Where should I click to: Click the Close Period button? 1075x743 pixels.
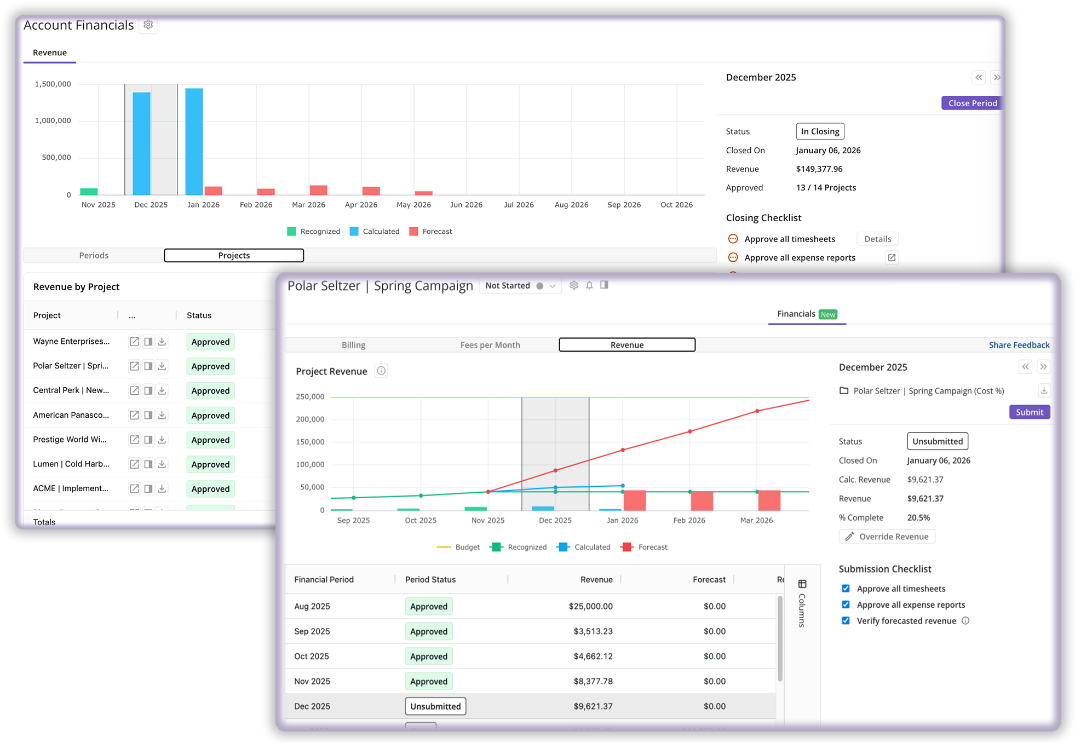click(972, 103)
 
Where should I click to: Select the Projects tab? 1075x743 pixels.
click(234, 256)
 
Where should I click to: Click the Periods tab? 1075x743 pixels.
click(94, 256)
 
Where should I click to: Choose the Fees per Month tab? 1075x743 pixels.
click(490, 345)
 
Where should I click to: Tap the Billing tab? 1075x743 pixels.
click(353, 345)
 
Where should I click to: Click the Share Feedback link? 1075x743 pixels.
click(1019, 345)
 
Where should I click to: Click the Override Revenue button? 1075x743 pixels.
click(887, 537)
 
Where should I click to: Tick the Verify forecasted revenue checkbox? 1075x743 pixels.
click(846, 621)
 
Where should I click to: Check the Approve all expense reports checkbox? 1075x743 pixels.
click(846, 604)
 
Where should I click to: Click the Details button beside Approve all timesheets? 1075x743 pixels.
click(877, 239)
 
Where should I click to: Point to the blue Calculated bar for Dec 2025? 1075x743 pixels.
click(142, 143)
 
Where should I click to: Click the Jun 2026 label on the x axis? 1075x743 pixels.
click(466, 205)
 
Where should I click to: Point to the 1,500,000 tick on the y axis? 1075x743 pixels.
click(53, 84)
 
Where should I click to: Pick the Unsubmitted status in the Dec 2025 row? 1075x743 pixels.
click(435, 706)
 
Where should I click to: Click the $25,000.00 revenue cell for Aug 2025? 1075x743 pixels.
click(590, 607)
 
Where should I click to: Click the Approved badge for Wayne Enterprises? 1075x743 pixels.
click(210, 342)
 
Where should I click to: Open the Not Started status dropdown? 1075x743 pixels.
click(520, 286)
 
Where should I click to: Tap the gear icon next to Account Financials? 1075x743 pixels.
click(148, 25)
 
